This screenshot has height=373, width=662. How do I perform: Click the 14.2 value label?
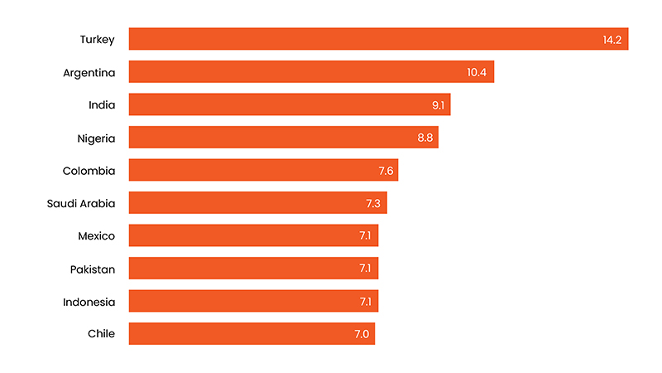coord(613,40)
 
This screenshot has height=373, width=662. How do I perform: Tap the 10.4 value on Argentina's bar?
coord(477,72)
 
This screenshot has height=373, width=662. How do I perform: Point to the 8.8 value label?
coord(425,138)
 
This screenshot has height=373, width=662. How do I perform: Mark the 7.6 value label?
coord(385,171)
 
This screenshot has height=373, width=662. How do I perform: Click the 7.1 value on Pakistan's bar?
coord(365,269)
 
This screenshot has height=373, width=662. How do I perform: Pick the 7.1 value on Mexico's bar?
coord(365,236)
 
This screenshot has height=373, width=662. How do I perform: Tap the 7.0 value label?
coord(362,334)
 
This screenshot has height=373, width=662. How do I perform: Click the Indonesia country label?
coord(89,302)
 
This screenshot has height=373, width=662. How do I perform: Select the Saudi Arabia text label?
coord(81,203)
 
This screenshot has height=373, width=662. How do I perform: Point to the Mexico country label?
coord(96,236)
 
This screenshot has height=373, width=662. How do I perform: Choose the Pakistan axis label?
coord(93,269)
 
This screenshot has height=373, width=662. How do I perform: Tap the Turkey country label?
coord(97,39)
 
